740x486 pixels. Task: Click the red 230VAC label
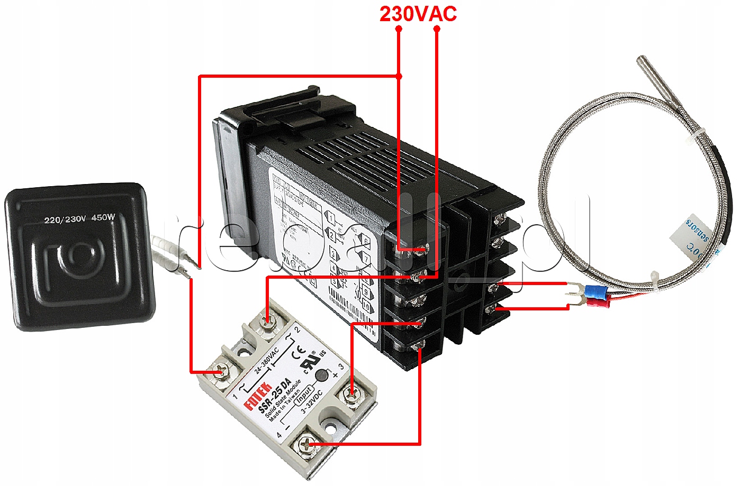[418, 14]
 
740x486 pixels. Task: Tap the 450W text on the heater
[103, 217]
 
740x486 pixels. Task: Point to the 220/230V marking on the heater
[65, 219]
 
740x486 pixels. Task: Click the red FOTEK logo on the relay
[257, 396]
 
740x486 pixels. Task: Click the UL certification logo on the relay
[310, 362]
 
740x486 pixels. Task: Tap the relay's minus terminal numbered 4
[306, 444]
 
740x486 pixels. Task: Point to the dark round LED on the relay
[321, 375]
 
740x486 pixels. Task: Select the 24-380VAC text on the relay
[266, 361]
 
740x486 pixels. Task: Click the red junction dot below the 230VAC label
[399, 76]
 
